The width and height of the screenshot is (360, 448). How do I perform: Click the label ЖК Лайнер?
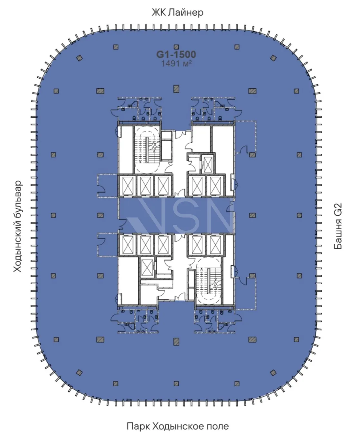pyautogui.click(x=177, y=13)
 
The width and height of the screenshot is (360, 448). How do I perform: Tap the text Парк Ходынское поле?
pyautogui.click(x=178, y=426)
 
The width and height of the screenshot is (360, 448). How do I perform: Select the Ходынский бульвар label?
pyautogui.click(x=17, y=226)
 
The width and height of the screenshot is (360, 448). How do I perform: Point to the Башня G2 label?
pyautogui.click(x=338, y=226)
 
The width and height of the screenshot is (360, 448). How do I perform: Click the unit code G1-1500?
pyautogui.click(x=176, y=54)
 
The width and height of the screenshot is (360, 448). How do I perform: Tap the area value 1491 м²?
pyautogui.click(x=176, y=63)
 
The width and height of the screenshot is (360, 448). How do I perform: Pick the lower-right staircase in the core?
pyautogui.click(x=209, y=281)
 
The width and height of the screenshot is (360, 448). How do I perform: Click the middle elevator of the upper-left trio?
pyautogui.click(x=146, y=186)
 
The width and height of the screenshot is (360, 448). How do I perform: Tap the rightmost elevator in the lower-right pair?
pyautogui.click(x=215, y=245)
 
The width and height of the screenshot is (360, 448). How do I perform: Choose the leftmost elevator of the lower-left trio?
pyautogui.click(x=128, y=245)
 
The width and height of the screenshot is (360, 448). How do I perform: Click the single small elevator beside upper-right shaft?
pyautogui.click(x=208, y=165)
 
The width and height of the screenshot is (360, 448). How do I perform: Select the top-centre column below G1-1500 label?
pyautogui.click(x=176, y=89)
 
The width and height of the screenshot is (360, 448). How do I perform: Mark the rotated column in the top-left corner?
pyautogui.click(x=79, y=58)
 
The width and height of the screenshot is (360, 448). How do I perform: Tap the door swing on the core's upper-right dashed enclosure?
pyautogui.click(x=244, y=150)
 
